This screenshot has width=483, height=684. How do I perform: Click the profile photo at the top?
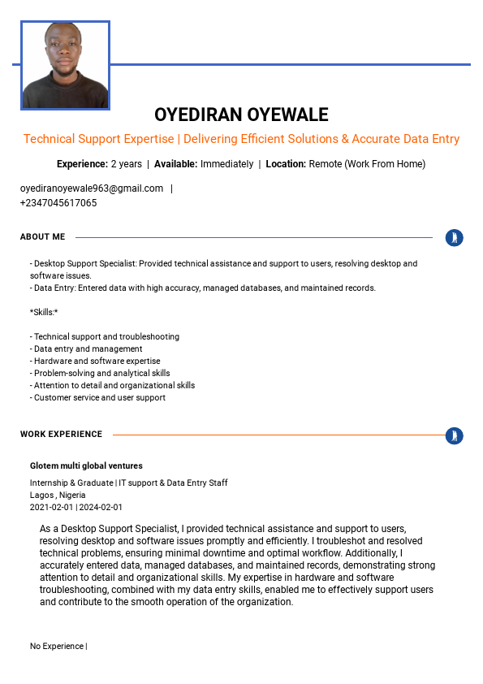pyautogui.click(x=65, y=65)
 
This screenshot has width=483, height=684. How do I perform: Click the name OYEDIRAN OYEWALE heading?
pyautogui.click(x=241, y=115)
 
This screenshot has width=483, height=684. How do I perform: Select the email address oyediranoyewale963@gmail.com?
pyautogui.click(x=92, y=188)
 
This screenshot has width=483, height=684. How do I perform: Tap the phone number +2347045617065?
pyautogui.click(x=58, y=203)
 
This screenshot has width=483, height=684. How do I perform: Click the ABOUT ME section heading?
pyautogui.click(x=42, y=237)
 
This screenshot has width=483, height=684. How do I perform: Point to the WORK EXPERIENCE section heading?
pyautogui.click(x=61, y=435)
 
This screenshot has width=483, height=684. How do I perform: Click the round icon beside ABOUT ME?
pyautogui.click(x=455, y=238)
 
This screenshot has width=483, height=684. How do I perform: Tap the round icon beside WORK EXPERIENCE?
pyautogui.click(x=455, y=435)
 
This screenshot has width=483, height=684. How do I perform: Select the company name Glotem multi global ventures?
pyautogui.click(x=86, y=466)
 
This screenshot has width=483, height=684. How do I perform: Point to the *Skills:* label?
pyautogui.click(x=44, y=312)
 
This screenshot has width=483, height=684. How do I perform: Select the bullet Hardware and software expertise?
pyautogui.click(x=97, y=361)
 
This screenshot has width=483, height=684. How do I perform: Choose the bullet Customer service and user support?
pyautogui.click(x=99, y=397)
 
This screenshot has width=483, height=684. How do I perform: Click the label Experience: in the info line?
pyautogui.click(x=82, y=164)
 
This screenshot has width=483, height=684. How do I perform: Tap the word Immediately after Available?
pyautogui.click(x=226, y=164)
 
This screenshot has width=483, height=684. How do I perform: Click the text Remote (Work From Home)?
pyautogui.click(x=367, y=164)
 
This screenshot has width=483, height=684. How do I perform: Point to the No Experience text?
pyautogui.click(x=57, y=647)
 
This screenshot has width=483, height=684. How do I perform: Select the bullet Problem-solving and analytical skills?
pyautogui.click(x=101, y=373)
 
